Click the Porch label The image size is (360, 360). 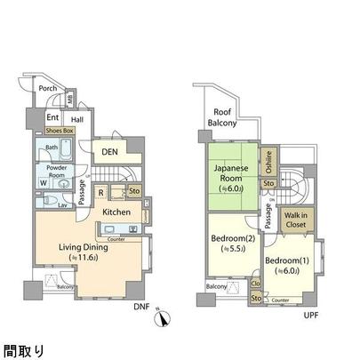[48, 88]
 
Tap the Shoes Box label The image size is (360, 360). [57, 130]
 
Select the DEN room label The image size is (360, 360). [109, 152]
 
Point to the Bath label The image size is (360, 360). [52, 148]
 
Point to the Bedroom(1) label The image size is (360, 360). [285, 265]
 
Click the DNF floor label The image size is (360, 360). [141, 308]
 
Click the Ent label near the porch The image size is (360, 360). [52, 116]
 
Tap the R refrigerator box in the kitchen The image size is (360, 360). [101, 191]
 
